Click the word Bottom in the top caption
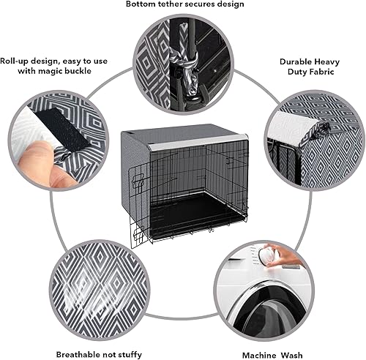point(143,4)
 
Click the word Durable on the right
point(298,63)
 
